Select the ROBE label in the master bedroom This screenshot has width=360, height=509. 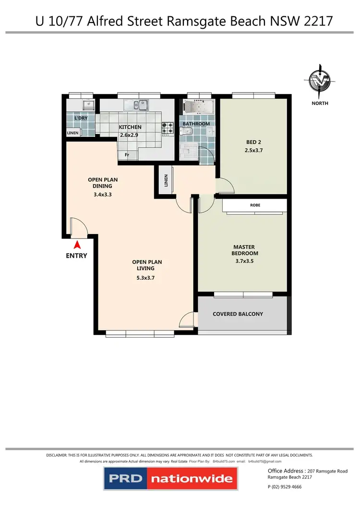(x=255, y=205)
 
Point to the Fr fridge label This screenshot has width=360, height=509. (x=127, y=155)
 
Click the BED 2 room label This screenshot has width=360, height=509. (x=254, y=142)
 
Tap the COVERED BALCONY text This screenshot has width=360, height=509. (x=238, y=314)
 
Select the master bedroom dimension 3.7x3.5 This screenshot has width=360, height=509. (x=245, y=262)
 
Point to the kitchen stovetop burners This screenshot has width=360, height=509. (x=167, y=128)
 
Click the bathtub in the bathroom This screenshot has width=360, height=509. (x=197, y=107)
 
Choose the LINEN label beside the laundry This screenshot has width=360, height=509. (x=72, y=133)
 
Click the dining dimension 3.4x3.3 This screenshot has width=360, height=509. (x=102, y=195)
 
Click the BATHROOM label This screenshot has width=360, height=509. (x=196, y=124)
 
